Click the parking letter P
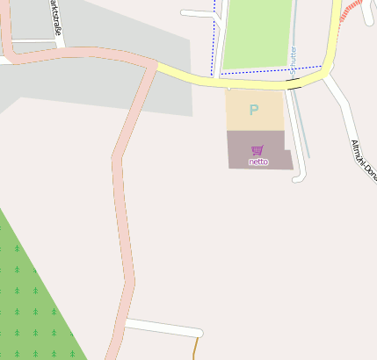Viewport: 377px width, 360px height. click(x=254, y=111)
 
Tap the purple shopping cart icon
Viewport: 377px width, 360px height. click(x=257, y=150)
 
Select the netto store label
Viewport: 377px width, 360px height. click(x=257, y=162)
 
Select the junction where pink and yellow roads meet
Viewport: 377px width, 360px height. click(x=156, y=67)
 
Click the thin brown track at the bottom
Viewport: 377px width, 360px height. click(x=194, y=349)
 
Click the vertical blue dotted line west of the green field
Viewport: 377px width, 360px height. click(x=214, y=35)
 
